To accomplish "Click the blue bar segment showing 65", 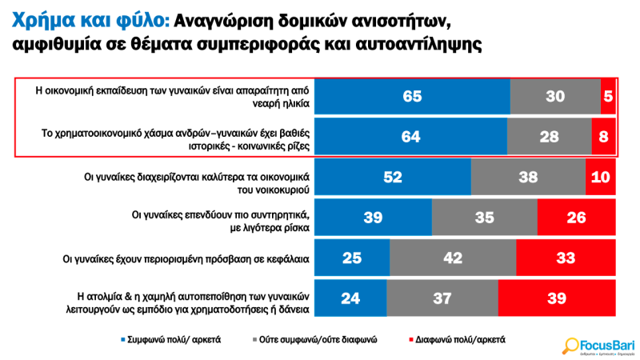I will tap(412, 96).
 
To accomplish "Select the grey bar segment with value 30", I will tap(555, 96).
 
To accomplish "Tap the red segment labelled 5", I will tap(609, 96).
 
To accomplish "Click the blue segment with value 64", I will tap(410, 136).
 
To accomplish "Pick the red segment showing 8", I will tap(604, 136).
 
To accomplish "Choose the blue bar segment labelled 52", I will tap(393, 177).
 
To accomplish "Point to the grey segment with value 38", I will tap(528, 177).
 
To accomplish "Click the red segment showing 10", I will tap(601, 177).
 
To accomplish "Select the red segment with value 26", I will tap(577, 217).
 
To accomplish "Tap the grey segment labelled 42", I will tap(453, 258).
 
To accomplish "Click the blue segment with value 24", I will tap(350, 298).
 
